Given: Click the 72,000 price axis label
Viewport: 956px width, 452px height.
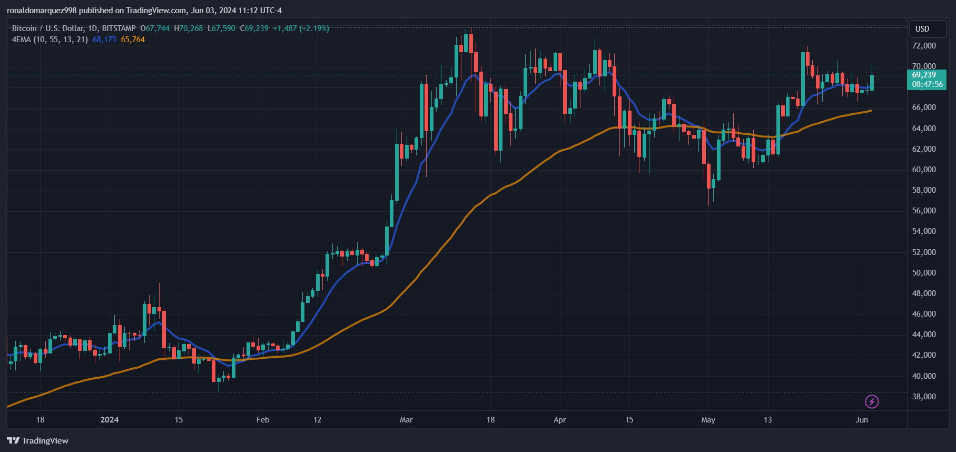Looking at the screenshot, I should pos(924,46).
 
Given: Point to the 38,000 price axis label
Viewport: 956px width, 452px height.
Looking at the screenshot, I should pos(924,397).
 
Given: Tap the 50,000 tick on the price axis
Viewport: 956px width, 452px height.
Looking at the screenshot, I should pos(924,273).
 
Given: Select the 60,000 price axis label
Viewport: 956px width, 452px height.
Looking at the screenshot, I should pos(924,170).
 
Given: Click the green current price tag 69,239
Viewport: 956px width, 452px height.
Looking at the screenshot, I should pos(924,75).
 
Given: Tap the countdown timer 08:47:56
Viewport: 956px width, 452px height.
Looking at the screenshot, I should pos(927,84).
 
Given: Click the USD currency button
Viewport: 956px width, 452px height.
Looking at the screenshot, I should pos(922,29).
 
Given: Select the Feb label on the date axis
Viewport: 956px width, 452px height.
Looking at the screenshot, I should pos(262,420).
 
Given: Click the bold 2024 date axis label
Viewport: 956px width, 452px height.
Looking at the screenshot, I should pos(110,420).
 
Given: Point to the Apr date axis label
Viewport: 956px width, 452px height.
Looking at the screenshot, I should pos(559,420).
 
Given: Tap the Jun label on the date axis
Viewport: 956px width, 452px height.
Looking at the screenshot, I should pos(862,420).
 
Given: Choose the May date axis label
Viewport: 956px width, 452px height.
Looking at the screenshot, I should pos(708,420).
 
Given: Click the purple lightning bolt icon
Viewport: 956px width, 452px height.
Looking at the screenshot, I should pos(872,402).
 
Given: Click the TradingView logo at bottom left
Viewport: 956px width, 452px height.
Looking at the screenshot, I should pos(38,440).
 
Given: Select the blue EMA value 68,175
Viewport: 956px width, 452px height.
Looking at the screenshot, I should pos(104,40).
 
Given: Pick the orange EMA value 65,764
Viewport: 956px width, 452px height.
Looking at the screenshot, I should pos(133,40).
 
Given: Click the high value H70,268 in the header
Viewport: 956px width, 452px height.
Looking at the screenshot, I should pos(188,28).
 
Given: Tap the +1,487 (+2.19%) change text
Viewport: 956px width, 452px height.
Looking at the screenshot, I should pos(301,28).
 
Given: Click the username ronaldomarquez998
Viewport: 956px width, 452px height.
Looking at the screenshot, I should pos(42,11).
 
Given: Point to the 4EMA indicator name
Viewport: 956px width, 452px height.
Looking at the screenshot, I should pos(22,40).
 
